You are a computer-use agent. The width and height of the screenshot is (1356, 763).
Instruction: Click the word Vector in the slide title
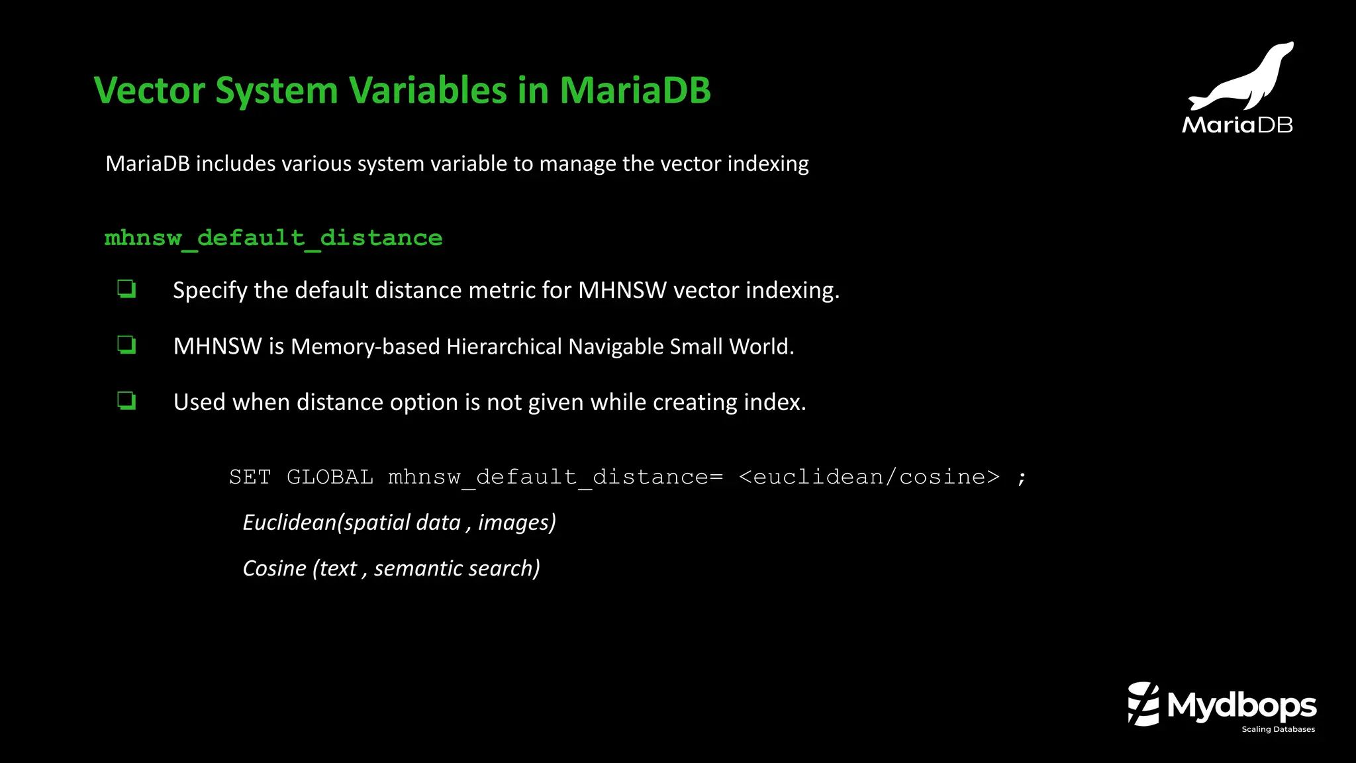point(150,90)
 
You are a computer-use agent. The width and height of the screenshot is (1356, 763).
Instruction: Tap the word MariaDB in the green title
point(635,90)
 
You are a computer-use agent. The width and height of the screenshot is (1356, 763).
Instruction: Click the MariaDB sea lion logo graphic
point(1241,76)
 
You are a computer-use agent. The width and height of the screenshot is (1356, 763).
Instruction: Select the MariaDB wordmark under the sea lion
point(1237,125)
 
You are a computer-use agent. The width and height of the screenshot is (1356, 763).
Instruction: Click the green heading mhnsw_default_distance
point(273,238)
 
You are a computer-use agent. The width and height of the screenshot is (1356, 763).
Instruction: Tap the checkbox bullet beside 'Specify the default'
point(126,289)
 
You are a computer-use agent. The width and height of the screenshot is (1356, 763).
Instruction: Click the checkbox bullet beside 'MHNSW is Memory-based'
point(126,345)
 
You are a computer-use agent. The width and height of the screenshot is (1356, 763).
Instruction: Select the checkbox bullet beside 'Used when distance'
point(126,401)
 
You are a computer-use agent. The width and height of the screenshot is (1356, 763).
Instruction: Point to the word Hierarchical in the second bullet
point(504,346)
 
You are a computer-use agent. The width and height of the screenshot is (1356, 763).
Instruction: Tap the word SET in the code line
point(250,477)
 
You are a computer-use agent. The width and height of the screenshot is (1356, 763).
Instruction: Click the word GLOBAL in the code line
point(330,477)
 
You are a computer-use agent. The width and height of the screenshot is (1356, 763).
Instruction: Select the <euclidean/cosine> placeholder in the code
point(869,477)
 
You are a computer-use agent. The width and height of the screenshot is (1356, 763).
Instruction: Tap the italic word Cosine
point(274,568)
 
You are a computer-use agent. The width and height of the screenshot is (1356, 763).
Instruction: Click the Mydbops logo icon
point(1143,704)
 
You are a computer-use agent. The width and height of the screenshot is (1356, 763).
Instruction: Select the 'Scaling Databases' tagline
point(1278,729)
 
